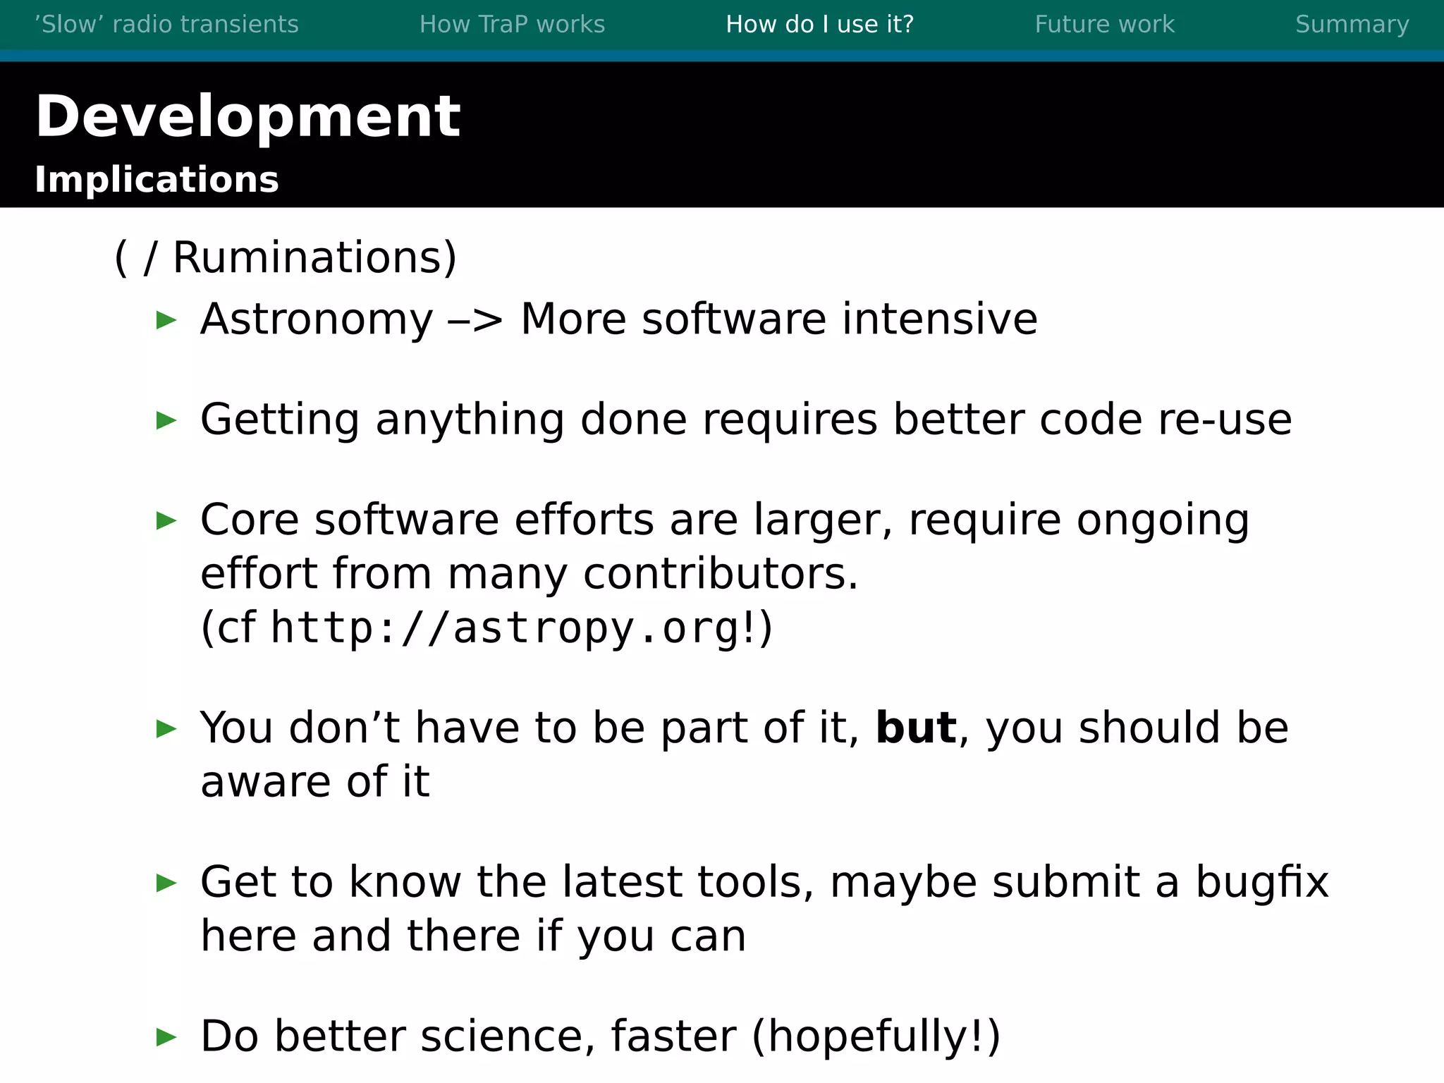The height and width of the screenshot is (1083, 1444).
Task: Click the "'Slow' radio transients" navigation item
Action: pyautogui.click(x=166, y=25)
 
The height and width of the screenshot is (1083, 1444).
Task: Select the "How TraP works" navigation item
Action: pyautogui.click(x=512, y=25)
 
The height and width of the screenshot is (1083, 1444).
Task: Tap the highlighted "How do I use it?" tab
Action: pyautogui.click(x=819, y=25)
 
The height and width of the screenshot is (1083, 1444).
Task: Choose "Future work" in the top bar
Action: pyautogui.click(x=1104, y=25)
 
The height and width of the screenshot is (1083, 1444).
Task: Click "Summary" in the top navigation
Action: pyautogui.click(x=1352, y=25)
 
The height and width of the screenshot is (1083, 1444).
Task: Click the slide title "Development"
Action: pyautogui.click(x=247, y=116)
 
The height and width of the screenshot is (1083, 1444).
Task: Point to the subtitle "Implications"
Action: pyautogui.click(x=157, y=180)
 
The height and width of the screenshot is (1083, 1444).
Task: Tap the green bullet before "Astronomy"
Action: pyautogui.click(x=166, y=320)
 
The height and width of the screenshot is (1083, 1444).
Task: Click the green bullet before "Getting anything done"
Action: pyautogui.click(x=166, y=421)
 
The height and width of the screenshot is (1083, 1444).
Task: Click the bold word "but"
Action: pyautogui.click(x=916, y=728)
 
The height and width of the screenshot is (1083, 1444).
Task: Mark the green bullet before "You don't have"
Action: pyautogui.click(x=166, y=729)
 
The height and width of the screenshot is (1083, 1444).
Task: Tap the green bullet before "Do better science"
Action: pyautogui.click(x=166, y=1037)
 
